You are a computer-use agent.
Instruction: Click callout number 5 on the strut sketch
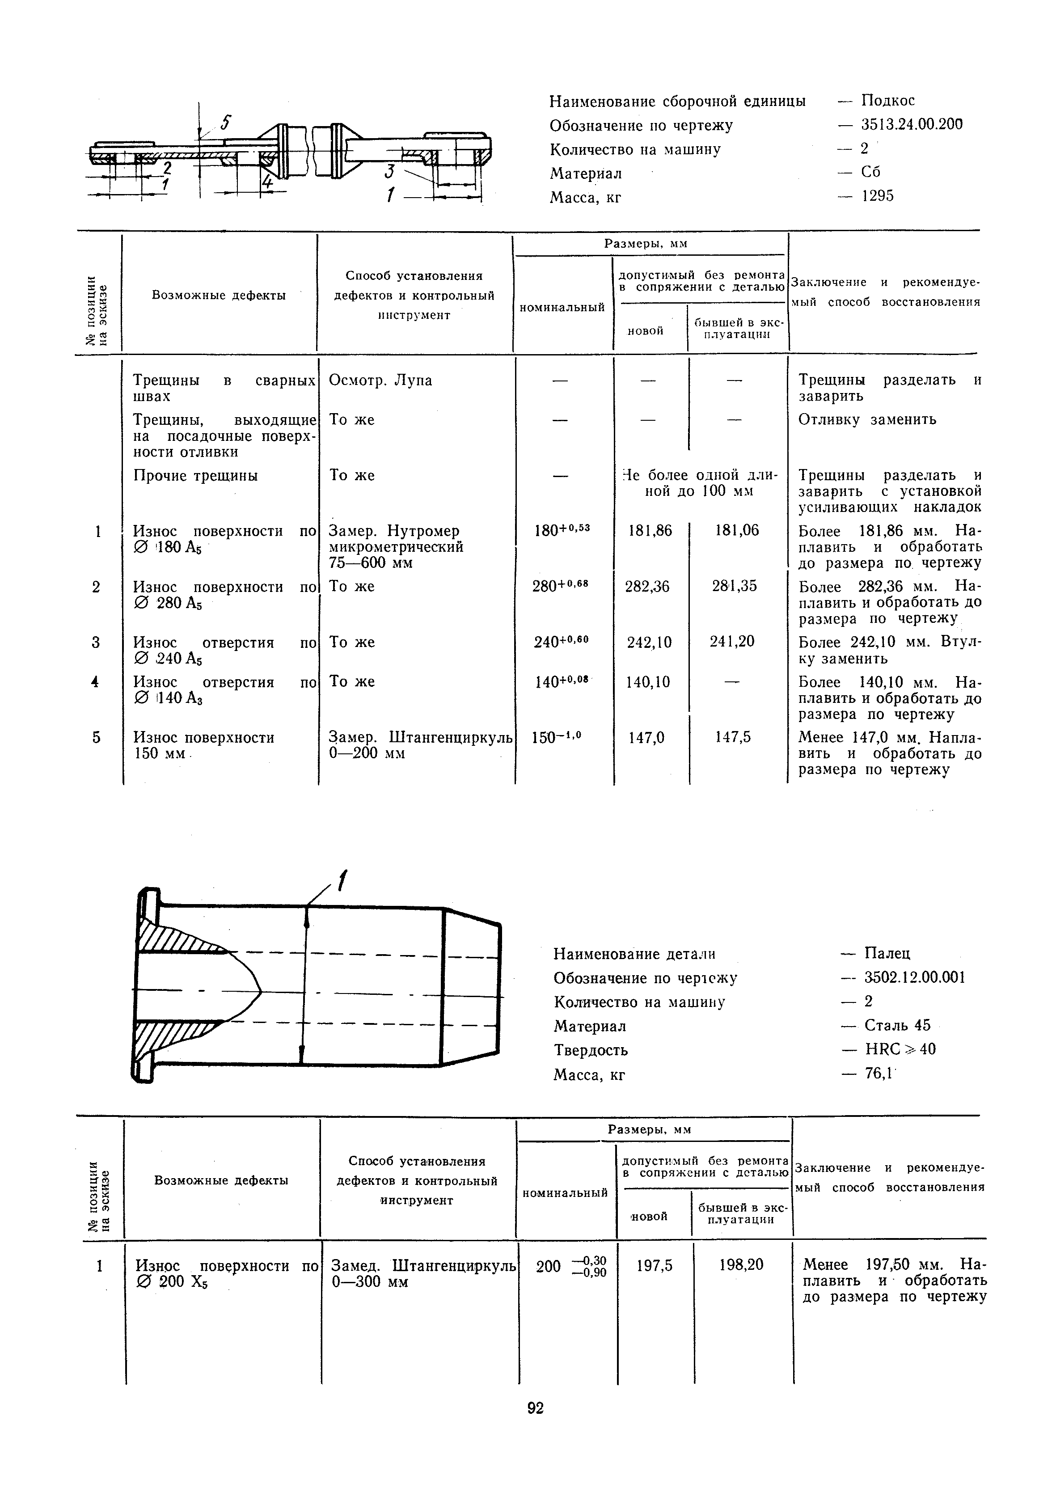[x=226, y=123]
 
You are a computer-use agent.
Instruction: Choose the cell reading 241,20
[x=732, y=642]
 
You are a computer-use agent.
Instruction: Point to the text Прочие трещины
[x=195, y=476]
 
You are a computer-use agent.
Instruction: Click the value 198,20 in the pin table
[x=741, y=1264]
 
